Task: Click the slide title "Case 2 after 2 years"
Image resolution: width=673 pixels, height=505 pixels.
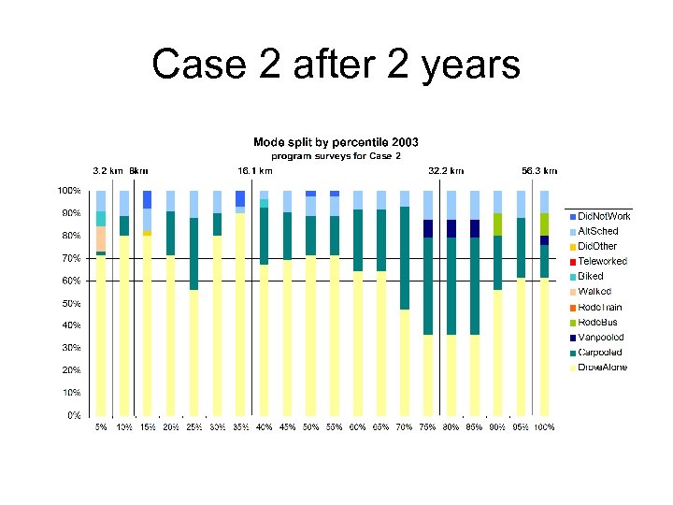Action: point(336,65)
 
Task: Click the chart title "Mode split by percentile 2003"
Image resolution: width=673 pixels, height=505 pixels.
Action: point(336,142)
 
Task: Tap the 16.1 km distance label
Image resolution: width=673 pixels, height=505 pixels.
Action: point(254,171)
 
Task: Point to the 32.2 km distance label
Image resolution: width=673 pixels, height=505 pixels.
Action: point(446,171)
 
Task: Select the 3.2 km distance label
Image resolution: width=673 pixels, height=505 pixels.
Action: point(107,171)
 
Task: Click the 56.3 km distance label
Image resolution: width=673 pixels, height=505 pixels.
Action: point(539,171)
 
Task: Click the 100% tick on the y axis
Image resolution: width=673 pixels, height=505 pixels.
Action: point(69,191)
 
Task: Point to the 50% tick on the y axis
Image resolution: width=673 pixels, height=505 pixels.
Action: point(71,303)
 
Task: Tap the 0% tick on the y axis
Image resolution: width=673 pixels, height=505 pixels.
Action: point(74,415)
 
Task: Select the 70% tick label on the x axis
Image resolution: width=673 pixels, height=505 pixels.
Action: point(404,426)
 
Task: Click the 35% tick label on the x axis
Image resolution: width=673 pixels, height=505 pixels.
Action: point(240,426)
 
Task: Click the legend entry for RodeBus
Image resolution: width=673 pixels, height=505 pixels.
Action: point(599,323)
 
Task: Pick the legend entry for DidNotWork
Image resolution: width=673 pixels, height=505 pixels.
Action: point(604,216)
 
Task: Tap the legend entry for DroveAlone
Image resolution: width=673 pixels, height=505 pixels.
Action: point(603,368)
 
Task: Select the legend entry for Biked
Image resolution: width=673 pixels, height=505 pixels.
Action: point(591,277)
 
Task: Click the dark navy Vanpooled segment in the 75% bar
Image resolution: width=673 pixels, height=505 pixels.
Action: point(427,229)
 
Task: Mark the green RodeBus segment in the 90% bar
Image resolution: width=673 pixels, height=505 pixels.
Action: point(498,224)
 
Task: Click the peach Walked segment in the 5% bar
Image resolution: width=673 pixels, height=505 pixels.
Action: point(100,238)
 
